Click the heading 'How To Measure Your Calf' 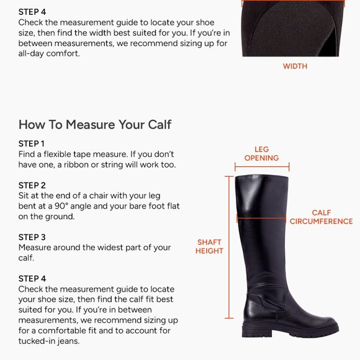(x=95, y=124)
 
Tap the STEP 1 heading (x=32, y=143)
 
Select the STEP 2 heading (x=32, y=185)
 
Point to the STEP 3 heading (x=32, y=237)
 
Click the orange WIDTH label (x=295, y=66)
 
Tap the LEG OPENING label (x=261, y=153)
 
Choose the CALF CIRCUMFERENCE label (x=321, y=217)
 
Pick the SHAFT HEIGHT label (x=209, y=246)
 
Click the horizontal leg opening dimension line (x=261, y=166)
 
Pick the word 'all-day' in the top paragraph (x=33, y=54)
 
